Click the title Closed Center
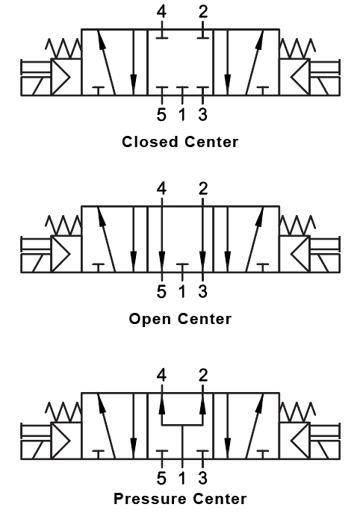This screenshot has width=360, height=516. pyautogui.click(x=180, y=141)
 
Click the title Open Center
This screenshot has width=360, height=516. pyautogui.click(x=180, y=319)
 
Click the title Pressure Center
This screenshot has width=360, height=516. pyautogui.click(x=180, y=497)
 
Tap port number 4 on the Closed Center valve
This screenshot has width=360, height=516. pyautogui.click(x=162, y=12)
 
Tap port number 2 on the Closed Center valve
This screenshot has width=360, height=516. pyautogui.click(x=202, y=12)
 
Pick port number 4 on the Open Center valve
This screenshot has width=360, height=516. pyautogui.click(x=162, y=190)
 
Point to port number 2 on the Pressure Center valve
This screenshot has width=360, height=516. pyautogui.click(x=202, y=375)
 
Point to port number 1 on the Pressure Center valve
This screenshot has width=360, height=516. pyautogui.click(x=182, y=478)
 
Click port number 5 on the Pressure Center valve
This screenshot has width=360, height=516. pyautogui.click(x=161, y=478)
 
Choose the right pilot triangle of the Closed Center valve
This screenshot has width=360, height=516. pyautogui.click(x=299, y=76)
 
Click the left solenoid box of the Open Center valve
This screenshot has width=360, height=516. pyautogui.click(x=34, y=254)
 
